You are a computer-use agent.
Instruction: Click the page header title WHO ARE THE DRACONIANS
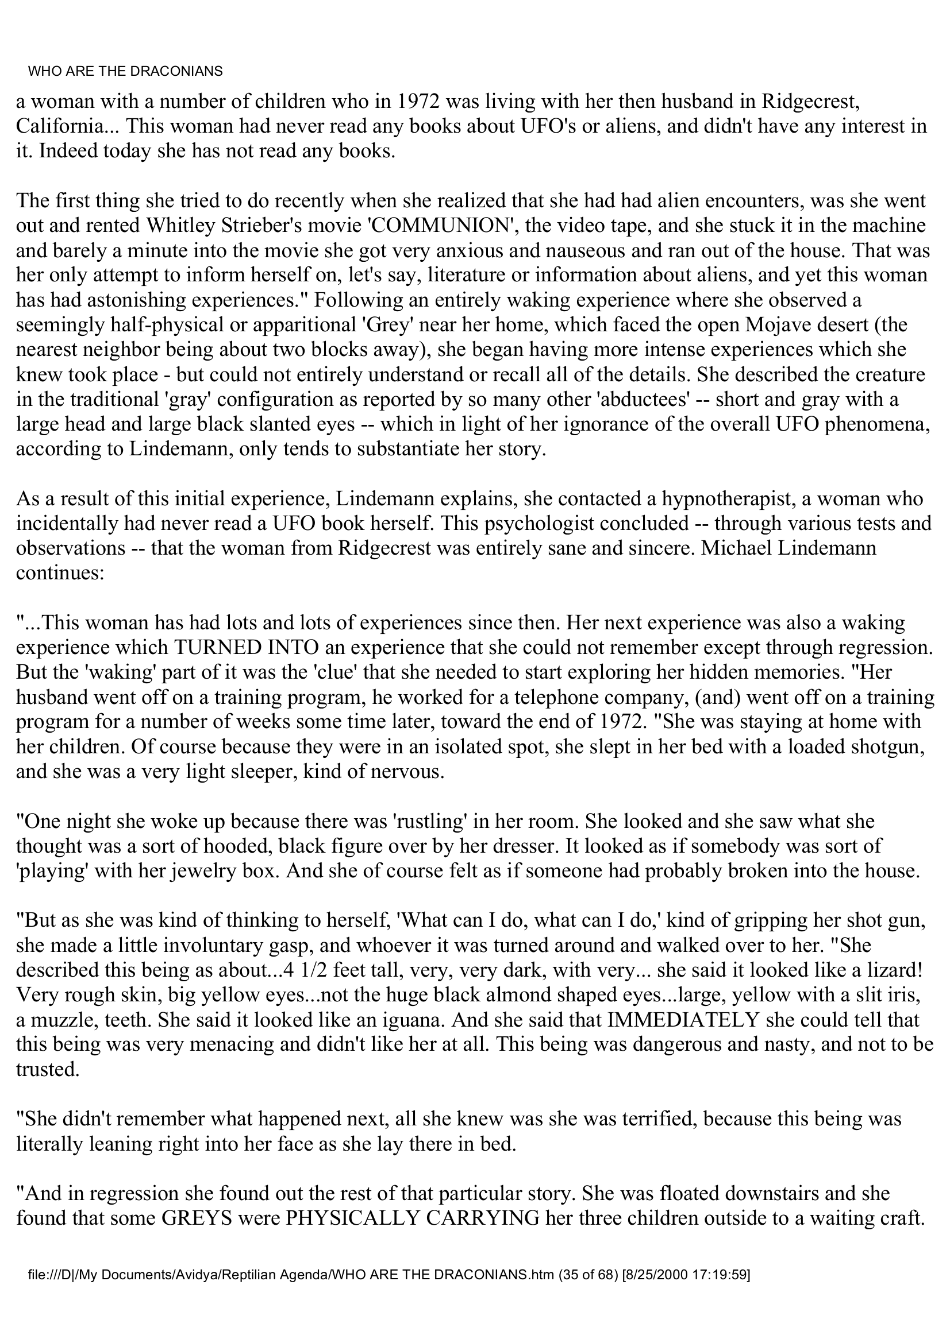pos(126,71)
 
